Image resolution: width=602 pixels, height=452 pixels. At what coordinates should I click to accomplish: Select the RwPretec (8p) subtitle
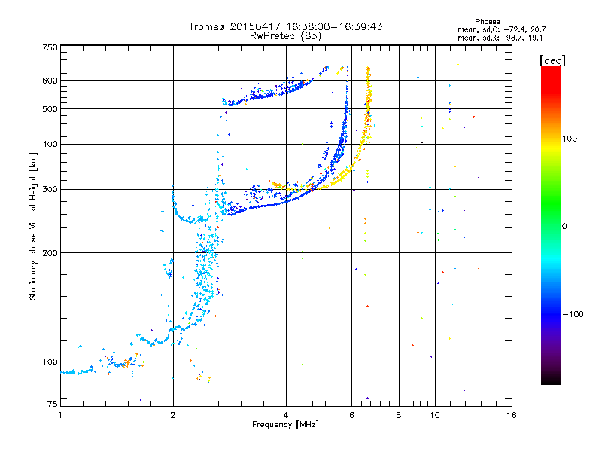(285, 36)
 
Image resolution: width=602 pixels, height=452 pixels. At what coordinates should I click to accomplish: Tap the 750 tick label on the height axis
(50, 47)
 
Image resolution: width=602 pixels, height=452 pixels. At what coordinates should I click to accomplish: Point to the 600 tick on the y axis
(50, 81)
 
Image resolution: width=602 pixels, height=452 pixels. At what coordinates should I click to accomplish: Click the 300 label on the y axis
(50, 190)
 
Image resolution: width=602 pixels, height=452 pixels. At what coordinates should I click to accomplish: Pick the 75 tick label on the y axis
(53, 404)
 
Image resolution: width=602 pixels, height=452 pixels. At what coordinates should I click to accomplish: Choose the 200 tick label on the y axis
(50, 253)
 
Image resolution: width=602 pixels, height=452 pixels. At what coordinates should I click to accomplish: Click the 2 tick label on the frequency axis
(173, 415)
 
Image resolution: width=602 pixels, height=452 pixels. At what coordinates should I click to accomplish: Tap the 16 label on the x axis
(512, 415)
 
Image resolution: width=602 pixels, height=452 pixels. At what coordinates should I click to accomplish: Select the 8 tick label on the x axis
(399, 415)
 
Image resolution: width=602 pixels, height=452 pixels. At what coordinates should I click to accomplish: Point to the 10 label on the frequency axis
(435, 415)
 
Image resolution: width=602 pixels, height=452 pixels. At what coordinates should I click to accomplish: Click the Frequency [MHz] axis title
(285, 425)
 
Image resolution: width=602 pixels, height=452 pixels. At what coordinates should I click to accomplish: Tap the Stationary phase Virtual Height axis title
(33, 227)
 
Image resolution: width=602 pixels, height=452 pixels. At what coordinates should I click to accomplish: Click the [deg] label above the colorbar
(552, 60)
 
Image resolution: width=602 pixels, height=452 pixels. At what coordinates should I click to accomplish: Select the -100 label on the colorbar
(573, 314)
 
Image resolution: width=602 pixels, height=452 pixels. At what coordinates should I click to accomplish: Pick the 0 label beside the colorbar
(564, 227)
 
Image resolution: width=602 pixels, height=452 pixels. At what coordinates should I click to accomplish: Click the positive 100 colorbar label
(570, 139)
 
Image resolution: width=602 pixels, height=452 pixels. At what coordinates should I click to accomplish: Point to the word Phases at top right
(487, 22)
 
